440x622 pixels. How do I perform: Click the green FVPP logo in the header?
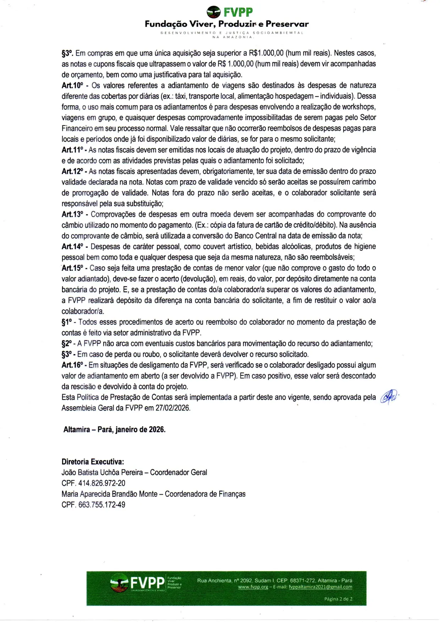pyautogui.click(x=230, y=12)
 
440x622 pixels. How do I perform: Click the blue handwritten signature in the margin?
pyautogui.click(x=389, y=396)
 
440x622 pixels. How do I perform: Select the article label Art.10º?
pyautogui.click(x=72, y=86)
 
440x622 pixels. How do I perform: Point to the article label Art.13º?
pyautogui.click(x=72, y=214)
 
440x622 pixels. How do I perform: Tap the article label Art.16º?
pyautogui.click(x=72, y=365)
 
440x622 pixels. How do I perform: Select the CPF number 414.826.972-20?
pyautogui.click(x=101, y=483)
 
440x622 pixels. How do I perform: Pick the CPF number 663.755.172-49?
pyautogui.click(x=101, y=505)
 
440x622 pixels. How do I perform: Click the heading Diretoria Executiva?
pyautogui.click(x=93, y=462)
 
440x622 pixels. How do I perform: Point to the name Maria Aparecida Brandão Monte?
pyautogui.click(x=109, y=494)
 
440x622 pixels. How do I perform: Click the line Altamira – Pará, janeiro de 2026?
pyautogui.click(x=114, y=430)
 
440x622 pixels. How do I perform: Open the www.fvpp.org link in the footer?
pyautogui.click(x=253, y=587)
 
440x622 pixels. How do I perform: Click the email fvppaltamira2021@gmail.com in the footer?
pyautogui.click(x=320, y=587)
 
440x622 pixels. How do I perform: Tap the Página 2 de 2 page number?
pyautogui.click(x=338, y=599)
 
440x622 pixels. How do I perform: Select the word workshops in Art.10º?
pyautogui.click(x=358, y=107)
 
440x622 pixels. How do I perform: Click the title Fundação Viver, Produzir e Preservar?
pyautogui.click(x=226, y=24)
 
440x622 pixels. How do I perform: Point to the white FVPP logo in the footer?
pyautogui.click(x=138, y=583)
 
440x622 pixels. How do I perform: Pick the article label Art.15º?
pyautogui.click(x=72, y=268)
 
